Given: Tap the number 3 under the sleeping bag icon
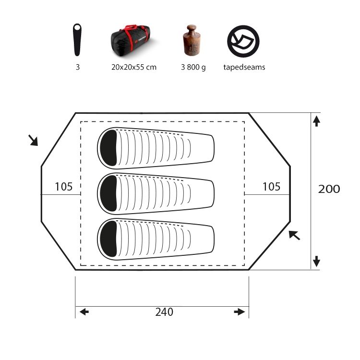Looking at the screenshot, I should click(x=78, y=68).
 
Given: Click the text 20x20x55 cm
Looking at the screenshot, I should click(x=133, y=68).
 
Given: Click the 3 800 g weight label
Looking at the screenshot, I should click(x=193, y=68).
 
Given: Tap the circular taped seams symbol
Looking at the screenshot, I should click(x=243, y=40).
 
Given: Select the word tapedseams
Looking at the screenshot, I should click(x=244, y=68).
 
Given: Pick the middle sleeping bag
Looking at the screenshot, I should click(x=156, y=193).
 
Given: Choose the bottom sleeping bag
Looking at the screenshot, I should click(x=156, y=239).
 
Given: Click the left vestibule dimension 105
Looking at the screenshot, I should click(x=63, y=187).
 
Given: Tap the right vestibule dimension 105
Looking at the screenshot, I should click(x=271, y=187).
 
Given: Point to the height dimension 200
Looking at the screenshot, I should click(x=329, y=189).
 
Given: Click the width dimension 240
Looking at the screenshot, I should click(x=164, y=312).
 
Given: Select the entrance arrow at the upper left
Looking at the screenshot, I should click(x=33, y=140).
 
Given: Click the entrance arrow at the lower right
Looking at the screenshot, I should click(x=294, y=235).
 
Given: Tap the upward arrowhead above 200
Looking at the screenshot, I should click(x=316, y=121).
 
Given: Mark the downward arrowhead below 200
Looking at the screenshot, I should click(x=316, y=262).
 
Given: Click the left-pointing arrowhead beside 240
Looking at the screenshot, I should click(x=84, y=312).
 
